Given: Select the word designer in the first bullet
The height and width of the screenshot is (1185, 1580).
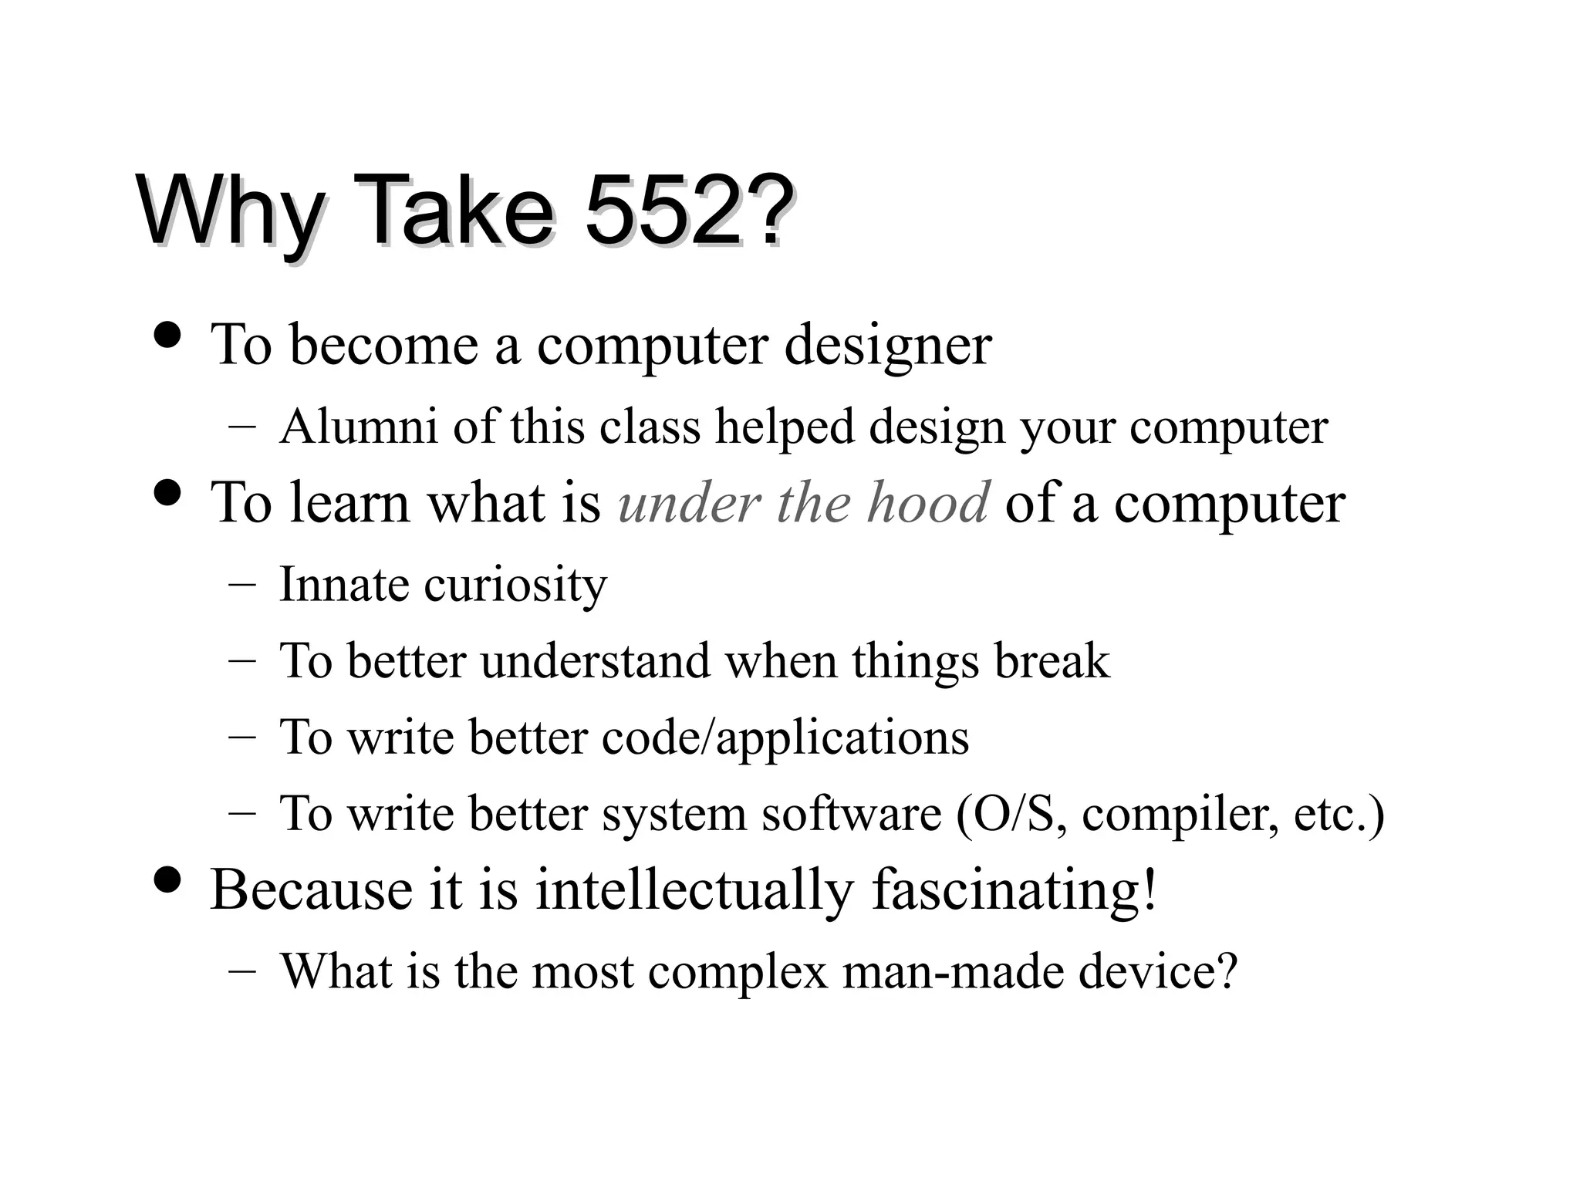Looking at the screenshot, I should coord(887,345).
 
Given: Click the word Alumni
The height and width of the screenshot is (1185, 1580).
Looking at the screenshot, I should coord(359,426).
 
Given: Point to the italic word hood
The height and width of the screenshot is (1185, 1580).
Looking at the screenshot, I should coord(927,502).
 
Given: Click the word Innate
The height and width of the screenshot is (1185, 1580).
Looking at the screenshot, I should coord(344,584).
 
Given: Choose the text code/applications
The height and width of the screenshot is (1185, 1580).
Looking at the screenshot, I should coord(785,738).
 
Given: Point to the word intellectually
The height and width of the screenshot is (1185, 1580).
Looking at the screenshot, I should coord(694,890).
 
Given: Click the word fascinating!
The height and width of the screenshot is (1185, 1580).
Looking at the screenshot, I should coord(1015,890).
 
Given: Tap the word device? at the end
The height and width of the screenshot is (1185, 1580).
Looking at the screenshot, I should coord(1157,970).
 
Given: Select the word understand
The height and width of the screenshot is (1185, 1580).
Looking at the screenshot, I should coord(595,660).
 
